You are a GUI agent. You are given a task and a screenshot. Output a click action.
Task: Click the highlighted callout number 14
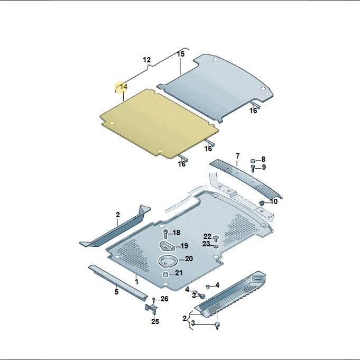point(124,87)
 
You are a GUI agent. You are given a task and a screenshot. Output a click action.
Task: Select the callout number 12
point(147,60)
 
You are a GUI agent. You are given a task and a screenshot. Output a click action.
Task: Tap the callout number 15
point(181,54)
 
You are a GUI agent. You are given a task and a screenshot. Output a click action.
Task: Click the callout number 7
point(237,156)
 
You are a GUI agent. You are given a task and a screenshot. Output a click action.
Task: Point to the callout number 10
point(274,201)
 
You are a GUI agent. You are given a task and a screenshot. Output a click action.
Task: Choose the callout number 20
point(189,259)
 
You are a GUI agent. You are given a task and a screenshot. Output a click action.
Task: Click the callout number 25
point(155,321)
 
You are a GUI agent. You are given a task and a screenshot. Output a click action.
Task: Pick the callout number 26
point(164,299)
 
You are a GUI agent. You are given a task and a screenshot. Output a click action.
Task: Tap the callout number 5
point(116,292)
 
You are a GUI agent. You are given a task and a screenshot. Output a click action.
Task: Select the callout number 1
point(137,282)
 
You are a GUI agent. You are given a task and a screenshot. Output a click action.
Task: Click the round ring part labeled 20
point(168,261)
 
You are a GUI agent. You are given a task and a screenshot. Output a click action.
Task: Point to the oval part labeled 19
point(167,246)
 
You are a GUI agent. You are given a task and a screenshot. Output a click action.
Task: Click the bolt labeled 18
point(165,234)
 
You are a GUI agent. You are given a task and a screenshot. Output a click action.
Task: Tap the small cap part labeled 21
point(165,274)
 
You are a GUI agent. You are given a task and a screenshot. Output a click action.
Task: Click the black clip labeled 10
point(262,202)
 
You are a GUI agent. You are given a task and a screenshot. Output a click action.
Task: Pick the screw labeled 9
point(253,168)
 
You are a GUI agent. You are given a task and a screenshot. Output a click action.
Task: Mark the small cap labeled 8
point(253,160)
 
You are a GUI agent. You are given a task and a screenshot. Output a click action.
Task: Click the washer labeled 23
point(216,246)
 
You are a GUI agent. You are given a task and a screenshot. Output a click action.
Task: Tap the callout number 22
point(207,236)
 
